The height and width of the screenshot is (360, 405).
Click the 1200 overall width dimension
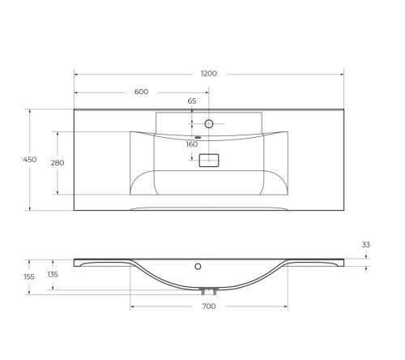click(208, 73)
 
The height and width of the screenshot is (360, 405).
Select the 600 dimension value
click(141, 91)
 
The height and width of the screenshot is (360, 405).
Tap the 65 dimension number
click(192, 101)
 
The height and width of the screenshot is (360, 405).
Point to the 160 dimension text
click(192, 144)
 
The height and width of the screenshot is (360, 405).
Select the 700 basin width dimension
click(208, 306)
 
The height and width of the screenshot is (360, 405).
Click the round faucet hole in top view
click(208, 124)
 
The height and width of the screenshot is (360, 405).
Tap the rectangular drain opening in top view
click(208, 161)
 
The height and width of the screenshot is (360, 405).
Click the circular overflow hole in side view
click(198, 265)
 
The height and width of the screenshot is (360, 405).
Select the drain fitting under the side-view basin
click(208, 289)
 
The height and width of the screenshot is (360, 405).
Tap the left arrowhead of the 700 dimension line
click(132, 306)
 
